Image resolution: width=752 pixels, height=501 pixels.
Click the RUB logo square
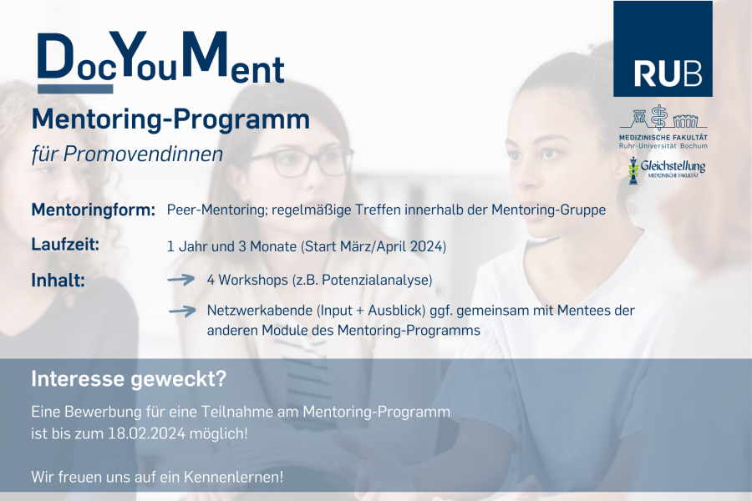[x=663, y=48]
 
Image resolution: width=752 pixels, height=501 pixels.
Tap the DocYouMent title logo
[x=161, y=61]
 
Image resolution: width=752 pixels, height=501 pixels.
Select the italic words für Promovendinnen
[x=127, y=154]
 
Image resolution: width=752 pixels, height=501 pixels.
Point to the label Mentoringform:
[x=94, y=210]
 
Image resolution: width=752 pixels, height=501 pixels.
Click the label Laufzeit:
[x=65, y=245]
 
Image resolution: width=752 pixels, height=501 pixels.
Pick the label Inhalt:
[x=58, y=280]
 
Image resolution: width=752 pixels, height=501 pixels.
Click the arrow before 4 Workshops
[x=181, y=280]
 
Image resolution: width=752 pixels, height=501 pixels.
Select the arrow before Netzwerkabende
[x=182, y=311]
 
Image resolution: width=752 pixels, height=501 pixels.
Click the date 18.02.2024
[x=146, y=433]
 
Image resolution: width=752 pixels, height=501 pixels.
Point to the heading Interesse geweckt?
[x=129, y=379]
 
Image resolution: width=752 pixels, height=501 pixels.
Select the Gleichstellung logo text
[x=673, y=166]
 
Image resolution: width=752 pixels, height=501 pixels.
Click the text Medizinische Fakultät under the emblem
[x=663, y=138]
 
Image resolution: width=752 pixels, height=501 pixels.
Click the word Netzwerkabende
[x=260, y=311]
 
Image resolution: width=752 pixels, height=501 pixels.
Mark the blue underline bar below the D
[x=75, y=89]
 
